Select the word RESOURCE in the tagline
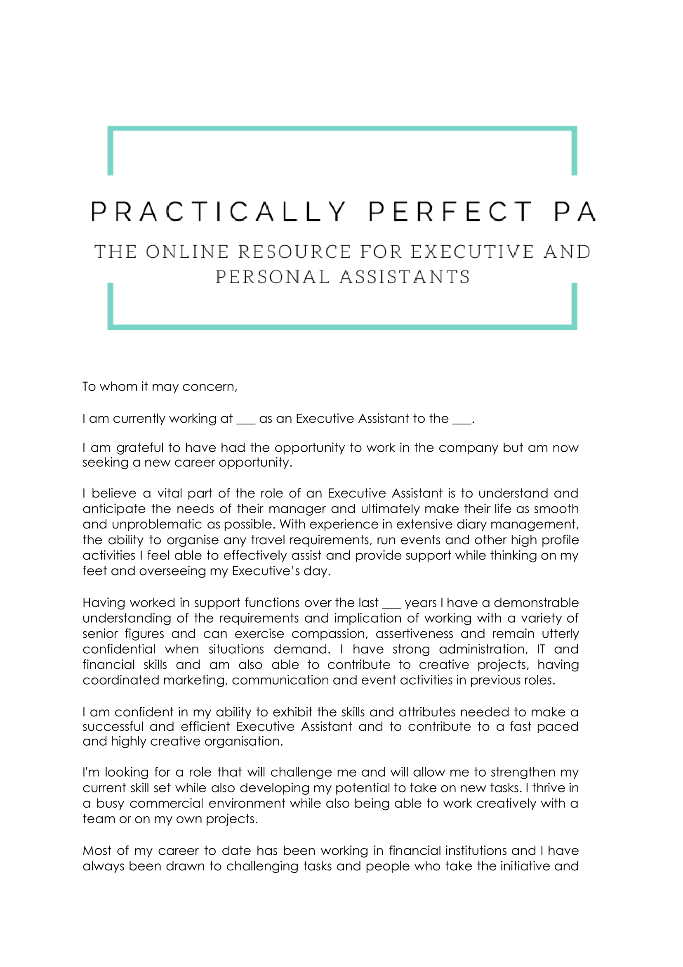pos(294,252)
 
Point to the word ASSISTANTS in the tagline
pos(405,277)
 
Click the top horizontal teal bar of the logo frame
pos(342,128)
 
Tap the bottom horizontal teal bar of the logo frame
pos(342,327)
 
